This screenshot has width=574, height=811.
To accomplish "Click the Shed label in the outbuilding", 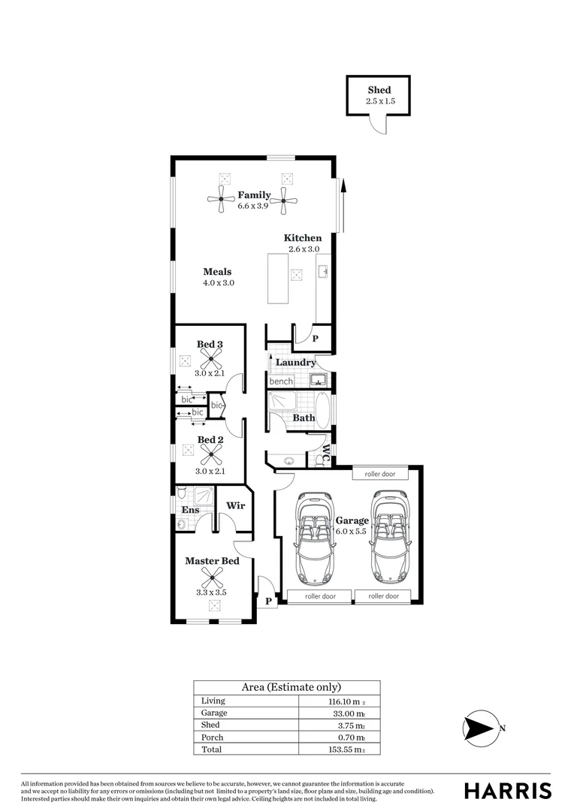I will coord(379,90).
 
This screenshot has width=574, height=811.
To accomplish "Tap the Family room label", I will coord(254,195).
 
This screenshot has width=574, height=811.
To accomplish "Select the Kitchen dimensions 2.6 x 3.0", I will coord(303,249).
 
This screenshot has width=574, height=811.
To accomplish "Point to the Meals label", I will coord(217,272).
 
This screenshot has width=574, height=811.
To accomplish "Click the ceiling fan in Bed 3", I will coord(210,359).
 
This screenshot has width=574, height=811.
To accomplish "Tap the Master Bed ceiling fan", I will coord(212,577).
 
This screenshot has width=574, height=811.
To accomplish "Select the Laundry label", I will coord(295,363).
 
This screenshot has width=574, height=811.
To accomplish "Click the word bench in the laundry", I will coord(281,381).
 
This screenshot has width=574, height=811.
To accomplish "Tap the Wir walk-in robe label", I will coord(236,505).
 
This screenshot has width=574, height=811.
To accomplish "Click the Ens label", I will coord(190,511).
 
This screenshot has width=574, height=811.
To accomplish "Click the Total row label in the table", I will coord(213,749).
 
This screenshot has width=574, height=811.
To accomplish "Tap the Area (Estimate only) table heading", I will coord(286,687).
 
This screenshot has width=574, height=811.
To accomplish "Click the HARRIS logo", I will coord(507,791).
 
